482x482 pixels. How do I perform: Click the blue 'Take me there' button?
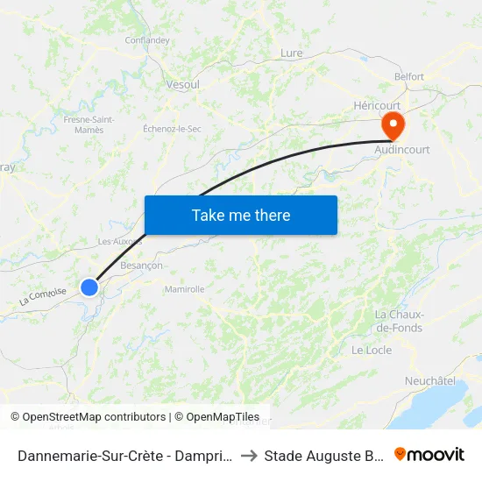[241, 215]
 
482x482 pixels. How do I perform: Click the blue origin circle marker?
[89, 287]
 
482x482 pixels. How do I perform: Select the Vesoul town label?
[182, 85]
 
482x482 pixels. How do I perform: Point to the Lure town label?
[291, 53]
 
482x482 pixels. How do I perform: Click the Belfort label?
[409, 77]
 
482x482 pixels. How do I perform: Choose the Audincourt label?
[402, 150]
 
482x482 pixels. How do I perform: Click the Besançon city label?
[141, 266]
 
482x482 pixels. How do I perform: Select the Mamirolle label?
[184, 289]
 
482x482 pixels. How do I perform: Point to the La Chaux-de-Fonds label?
[399, 322]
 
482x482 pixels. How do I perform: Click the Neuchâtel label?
[430, 381]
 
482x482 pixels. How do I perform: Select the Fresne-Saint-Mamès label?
[84, 124]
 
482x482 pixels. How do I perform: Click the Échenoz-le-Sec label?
[172, 129]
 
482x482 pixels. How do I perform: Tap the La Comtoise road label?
[43, 297]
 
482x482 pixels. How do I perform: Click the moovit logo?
[429, 454]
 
